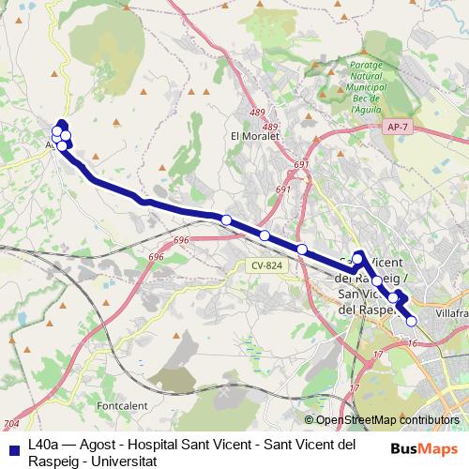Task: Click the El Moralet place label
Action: pos(250,135)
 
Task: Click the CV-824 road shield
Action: pos(266,265)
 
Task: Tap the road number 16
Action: pos(413,344)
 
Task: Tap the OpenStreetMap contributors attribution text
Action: pos(387,420)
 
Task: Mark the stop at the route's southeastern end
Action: pos(411,321)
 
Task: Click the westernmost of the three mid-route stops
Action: pos(226,219)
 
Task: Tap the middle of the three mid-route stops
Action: pos(265,235)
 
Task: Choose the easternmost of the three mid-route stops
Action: pos(301,249)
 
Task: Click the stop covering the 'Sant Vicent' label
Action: pos(356,257)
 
